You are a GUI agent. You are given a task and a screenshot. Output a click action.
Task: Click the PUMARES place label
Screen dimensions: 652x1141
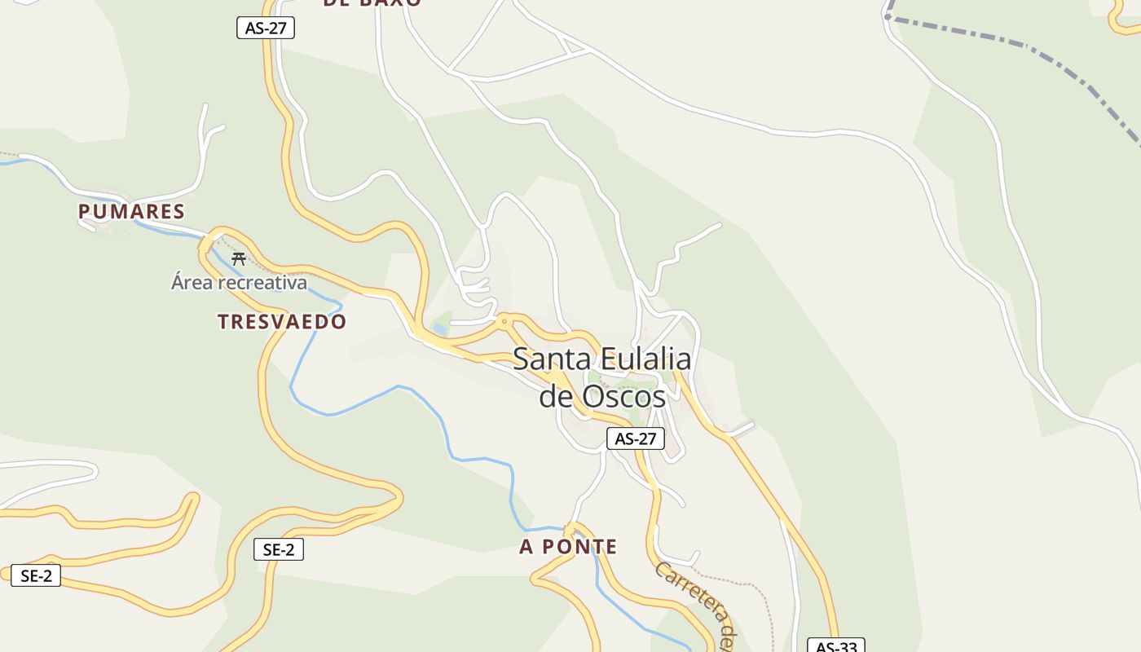[131, 212]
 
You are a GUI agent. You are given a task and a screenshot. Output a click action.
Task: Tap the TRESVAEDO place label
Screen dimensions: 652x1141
[282, 322]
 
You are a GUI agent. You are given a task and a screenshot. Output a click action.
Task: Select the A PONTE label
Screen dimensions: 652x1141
[568, 547]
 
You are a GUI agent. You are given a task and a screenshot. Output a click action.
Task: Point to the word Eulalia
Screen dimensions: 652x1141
[646, 359]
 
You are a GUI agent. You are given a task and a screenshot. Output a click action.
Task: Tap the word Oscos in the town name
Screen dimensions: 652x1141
[623, 397]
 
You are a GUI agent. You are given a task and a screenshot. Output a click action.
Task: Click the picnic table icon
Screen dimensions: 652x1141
[239, 259]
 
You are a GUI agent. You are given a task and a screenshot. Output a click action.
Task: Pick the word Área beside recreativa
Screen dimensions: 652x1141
[191, 283]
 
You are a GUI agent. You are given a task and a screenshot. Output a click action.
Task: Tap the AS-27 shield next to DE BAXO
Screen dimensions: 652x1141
[266, 28]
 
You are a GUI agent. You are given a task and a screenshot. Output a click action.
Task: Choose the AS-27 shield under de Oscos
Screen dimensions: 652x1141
[636, 438]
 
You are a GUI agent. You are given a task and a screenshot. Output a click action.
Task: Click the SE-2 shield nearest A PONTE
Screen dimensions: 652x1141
[279, 550]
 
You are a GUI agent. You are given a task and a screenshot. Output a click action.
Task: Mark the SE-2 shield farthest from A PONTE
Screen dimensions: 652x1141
[36, 576]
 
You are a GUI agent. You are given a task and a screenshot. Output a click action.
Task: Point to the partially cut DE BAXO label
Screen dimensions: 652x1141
[372, 3]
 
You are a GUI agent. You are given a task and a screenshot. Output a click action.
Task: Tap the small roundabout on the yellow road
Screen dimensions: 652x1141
[504, 321]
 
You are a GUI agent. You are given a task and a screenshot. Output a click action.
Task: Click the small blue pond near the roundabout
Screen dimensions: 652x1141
[440, 328]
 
